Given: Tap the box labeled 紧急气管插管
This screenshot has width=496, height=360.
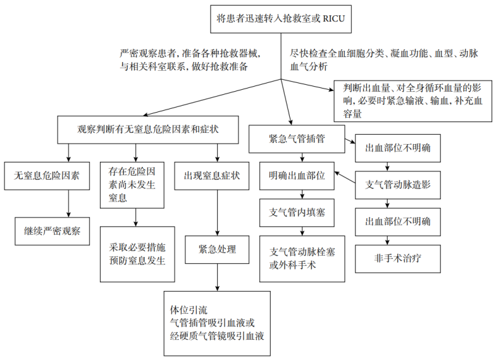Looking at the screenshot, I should click(297, 139).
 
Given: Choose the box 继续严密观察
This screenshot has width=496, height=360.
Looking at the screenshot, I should click(53, 230).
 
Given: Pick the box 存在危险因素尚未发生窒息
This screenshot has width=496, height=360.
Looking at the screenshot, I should click(135, 185).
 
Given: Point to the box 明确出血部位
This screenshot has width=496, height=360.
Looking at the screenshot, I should click(297, 176).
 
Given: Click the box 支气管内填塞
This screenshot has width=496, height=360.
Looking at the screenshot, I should click(297, 211).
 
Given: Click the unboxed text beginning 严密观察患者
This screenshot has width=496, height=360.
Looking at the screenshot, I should click(189, 59).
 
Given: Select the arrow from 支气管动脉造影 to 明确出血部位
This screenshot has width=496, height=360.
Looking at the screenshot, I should click(345, 180).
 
